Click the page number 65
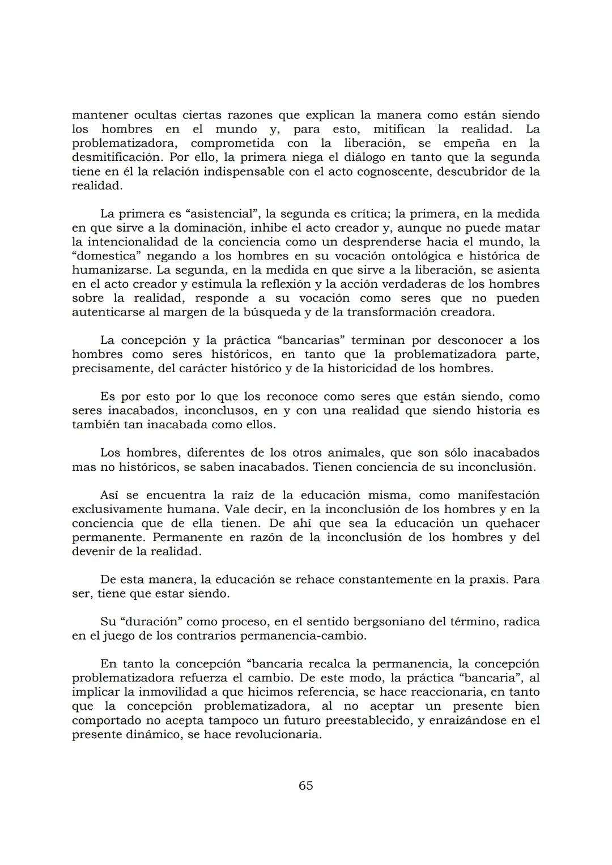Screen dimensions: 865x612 (305, 785)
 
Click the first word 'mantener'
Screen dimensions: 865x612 (99, 115)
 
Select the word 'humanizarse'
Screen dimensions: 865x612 (107, 270)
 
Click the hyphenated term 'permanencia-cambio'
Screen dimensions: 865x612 (303, 636)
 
